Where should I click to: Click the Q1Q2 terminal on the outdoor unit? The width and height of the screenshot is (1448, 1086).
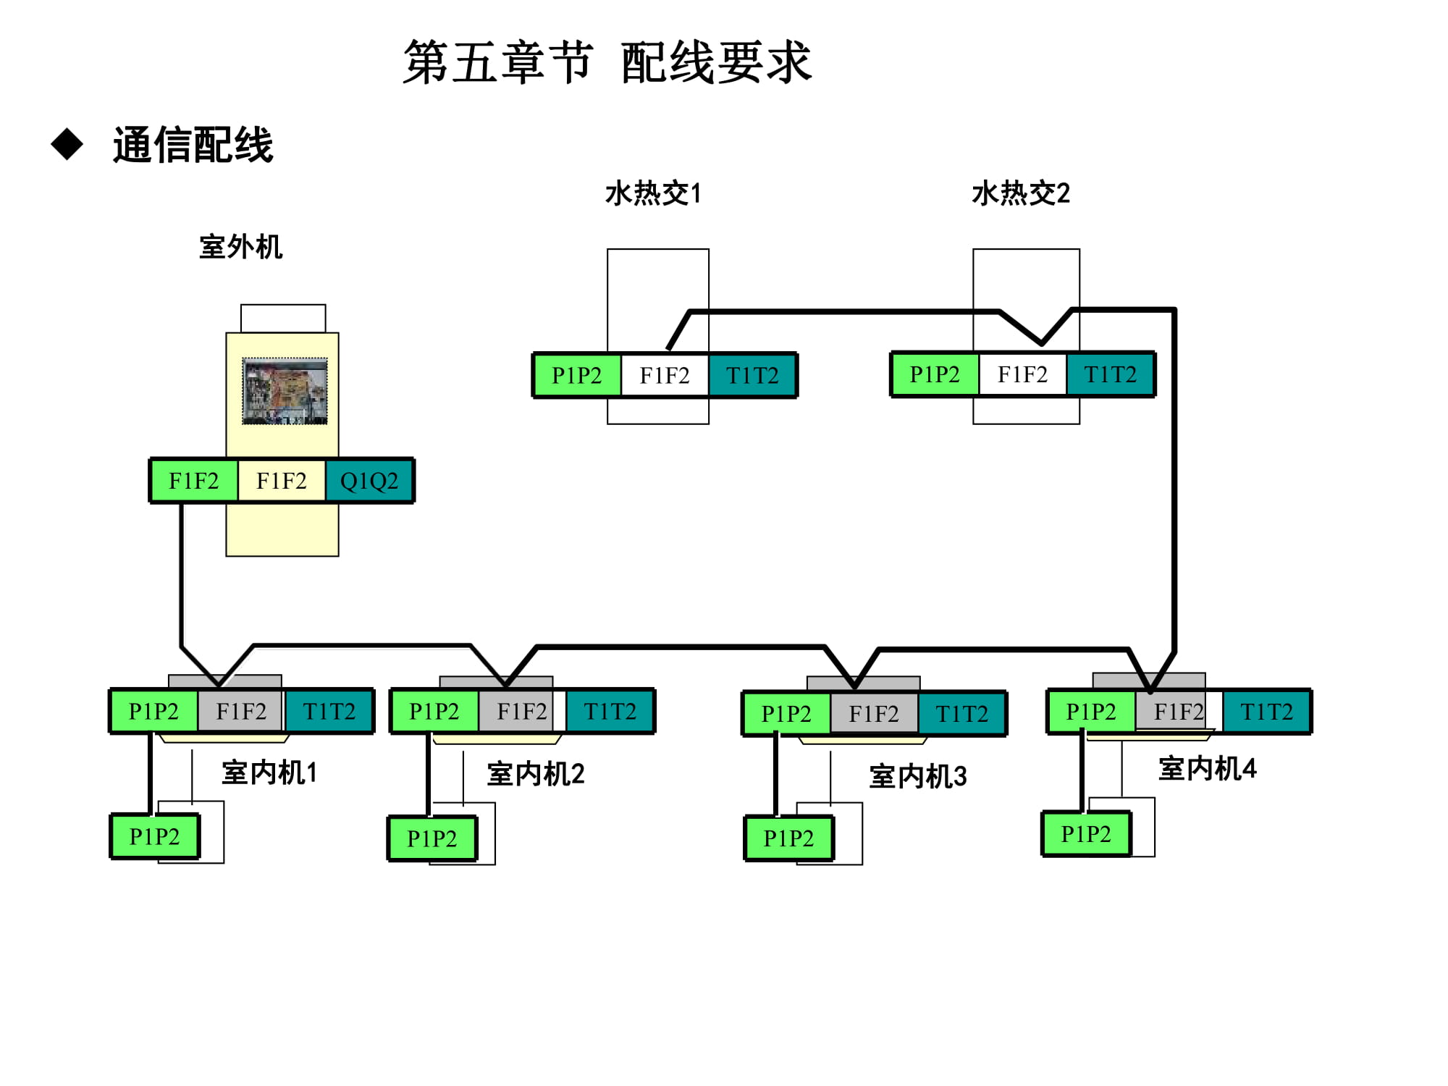[x=369, y=481]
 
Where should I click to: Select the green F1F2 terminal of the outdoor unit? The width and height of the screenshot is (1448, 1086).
[x=193, y=481]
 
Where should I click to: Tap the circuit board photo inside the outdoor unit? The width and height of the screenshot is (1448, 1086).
[x=285, y=391]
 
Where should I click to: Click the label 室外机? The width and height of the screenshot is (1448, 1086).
[x=240, y=247]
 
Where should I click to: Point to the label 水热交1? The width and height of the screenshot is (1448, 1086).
[x=653, y=193]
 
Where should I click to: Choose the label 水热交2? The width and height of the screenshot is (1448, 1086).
[x=1021, y=193]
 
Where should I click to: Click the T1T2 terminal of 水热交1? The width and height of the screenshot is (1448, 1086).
[x=752, y=375]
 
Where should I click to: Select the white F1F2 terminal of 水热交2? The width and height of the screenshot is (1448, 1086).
[x=1022, y=374]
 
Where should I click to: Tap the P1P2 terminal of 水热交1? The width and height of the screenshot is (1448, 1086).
[x=577, y=375]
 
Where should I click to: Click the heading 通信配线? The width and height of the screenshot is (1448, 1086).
[x=193, y=145]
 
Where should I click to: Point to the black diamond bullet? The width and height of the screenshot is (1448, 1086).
[x=67, y=144]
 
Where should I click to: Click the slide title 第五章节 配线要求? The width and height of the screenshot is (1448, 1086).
[x=607, y=62]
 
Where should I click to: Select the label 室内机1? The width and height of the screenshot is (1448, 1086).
[x=269, y=773]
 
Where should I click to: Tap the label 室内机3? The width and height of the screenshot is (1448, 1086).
[x=917, y=776]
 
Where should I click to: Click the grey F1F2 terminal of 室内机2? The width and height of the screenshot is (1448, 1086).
[x=521, y=712]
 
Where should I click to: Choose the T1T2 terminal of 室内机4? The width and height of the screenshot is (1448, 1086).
[x=1266, y=712]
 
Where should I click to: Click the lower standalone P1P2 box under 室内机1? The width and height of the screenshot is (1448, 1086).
[x=154, y=836]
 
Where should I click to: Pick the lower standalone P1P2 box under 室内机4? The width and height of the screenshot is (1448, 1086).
[x=1086, y=834]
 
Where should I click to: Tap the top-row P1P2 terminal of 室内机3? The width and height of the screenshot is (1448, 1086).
[x=786, y=714]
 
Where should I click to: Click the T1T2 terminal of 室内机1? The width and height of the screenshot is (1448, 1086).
[x=329, y=712]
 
